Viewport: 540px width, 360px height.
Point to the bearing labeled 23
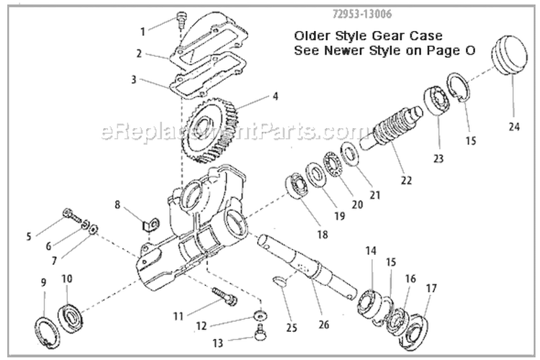[436, 102]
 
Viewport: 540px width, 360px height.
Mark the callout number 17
[431, 288]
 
